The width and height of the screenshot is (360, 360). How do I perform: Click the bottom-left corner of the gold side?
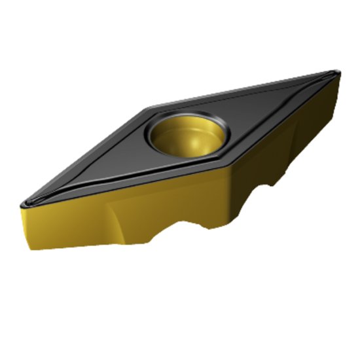point(29,249)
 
